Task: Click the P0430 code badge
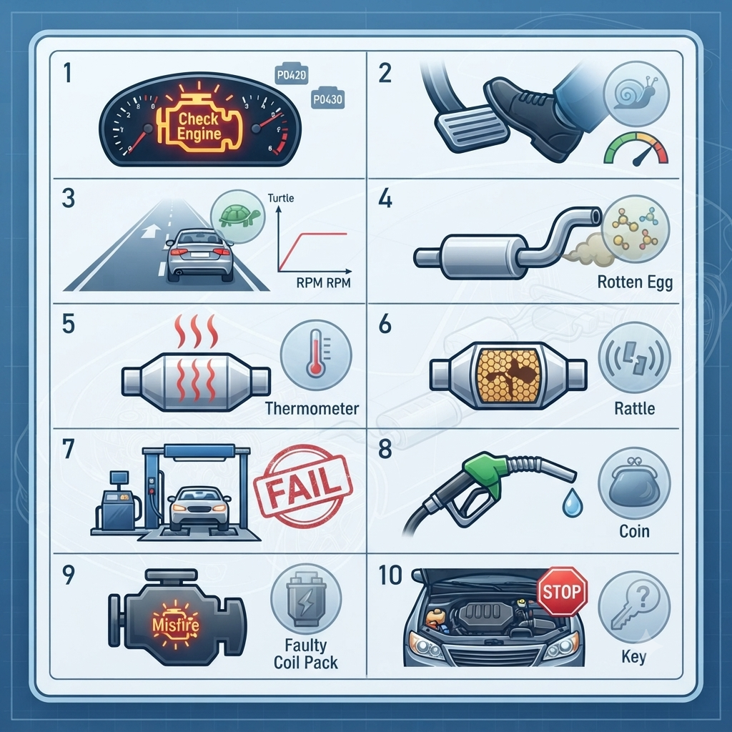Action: pos(327,98)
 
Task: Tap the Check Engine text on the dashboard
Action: pos(199,126)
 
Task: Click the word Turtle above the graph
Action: pos(280,198)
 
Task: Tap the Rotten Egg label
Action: pos(635,282)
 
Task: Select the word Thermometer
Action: pos(312,408)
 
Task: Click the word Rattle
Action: pos(635,408)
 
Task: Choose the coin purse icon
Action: pos(633,483)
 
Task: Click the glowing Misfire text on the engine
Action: pos(176,624)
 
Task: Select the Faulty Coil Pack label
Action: pos(305,653)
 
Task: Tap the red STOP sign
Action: pos(562,591)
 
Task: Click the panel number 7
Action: pos(68,449)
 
